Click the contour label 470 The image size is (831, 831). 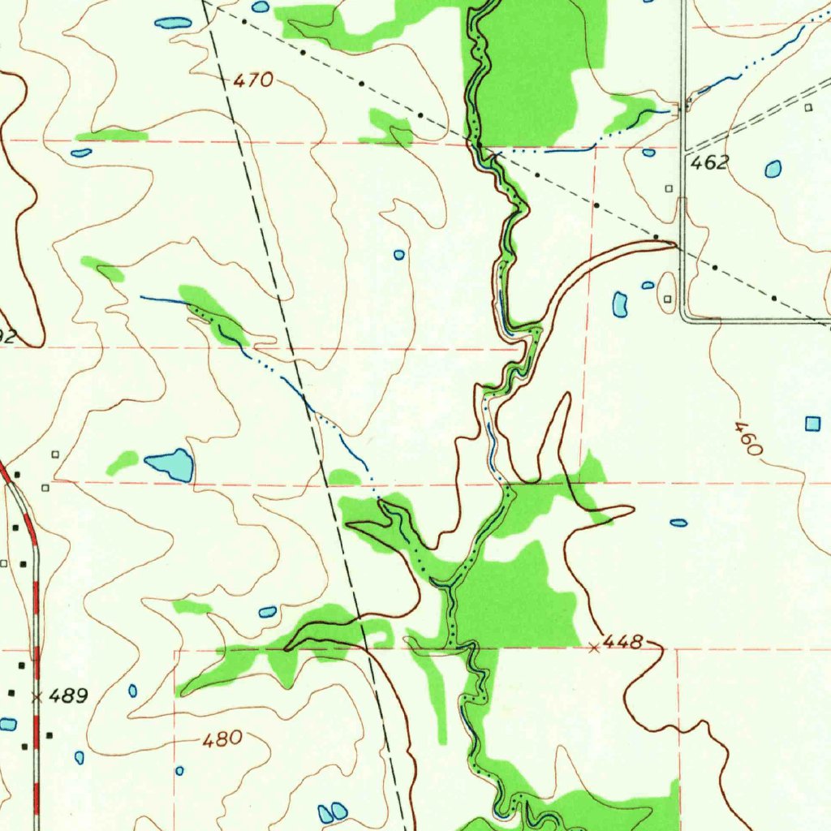pyautogui.click(x=253, y=80)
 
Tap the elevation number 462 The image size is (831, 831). pyautogui.click(x=709, y=163)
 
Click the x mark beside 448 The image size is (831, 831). pyautogui.click(x=594, y=647)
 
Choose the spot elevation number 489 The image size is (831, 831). pyautogui.click(x=69, y=695)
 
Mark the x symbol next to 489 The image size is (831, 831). pyautogui.click(x=36, y=696)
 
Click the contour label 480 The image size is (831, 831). pyautogui.click(x=222, y=738)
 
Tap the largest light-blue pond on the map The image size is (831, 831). pyautogui.click(x=170, y=465)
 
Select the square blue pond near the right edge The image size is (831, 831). pyautogui.click(x=812, y=423)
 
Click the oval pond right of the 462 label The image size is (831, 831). pyautogui.click(x=773, y=169)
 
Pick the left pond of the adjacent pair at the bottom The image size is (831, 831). pyautogui.click(x=326, y=812)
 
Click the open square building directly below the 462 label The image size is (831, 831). pyautogui.click(x=669, y=188)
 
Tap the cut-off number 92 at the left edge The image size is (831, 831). pyautogui.click(x=6, y=337)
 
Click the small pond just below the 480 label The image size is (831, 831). pyautogui.click(x=179, y=770)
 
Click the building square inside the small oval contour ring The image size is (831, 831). pyautogui.click(x=668, y=299)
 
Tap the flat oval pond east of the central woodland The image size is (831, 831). pyautogui.click(x=678, y=523)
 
